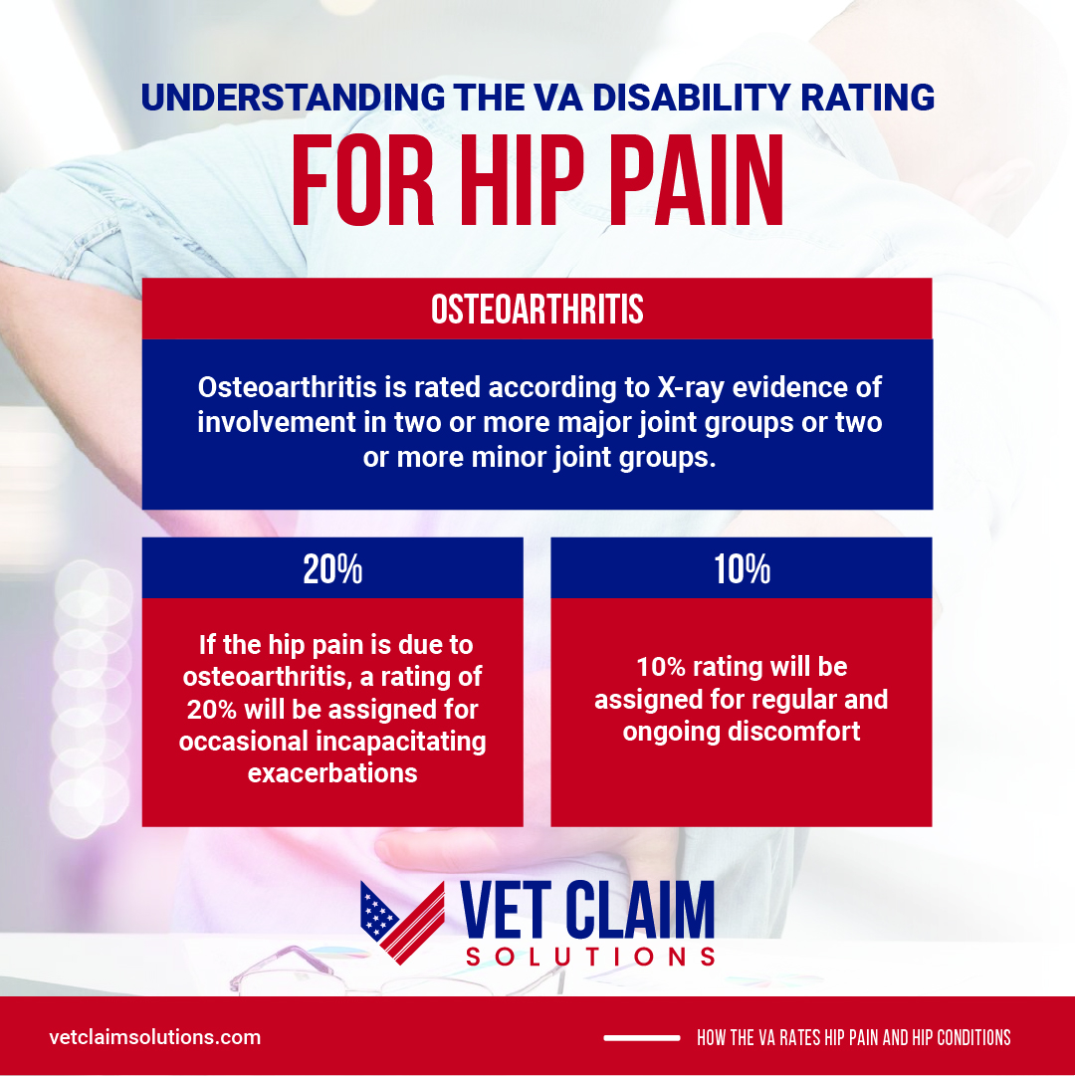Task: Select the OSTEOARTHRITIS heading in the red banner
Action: click(x=537, y=310)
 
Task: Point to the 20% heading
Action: click(x=332, y=569)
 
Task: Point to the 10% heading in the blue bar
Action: click(x=742, y=569)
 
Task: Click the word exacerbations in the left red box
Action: click(x=332, y=772)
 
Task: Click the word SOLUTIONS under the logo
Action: click(x=591, y=958)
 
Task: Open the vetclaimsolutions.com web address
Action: click(x=155, y=1037)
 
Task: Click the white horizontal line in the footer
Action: click(x=641, y=1038)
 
